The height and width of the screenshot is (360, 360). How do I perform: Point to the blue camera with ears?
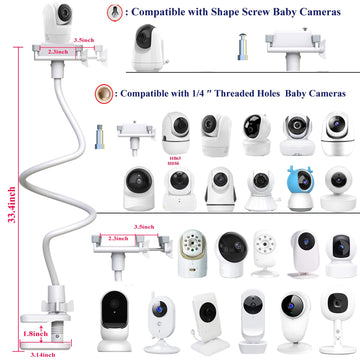[299, 183]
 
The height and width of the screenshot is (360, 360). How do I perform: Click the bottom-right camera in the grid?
[335, 320]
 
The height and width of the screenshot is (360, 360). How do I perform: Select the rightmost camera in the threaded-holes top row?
[335, 128]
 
